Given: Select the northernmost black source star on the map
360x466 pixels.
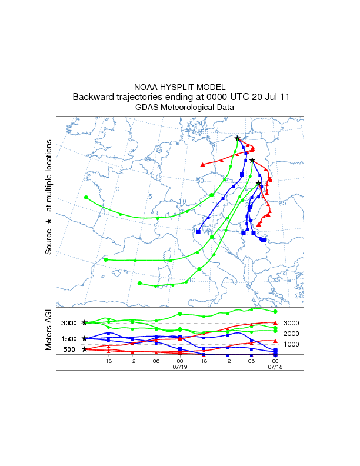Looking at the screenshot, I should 238,138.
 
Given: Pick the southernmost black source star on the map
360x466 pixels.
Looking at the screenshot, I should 258,184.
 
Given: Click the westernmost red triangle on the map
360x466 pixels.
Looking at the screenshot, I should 203,164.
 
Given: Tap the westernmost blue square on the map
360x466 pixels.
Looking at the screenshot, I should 198,232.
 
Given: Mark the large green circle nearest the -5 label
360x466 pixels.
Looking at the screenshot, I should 86,197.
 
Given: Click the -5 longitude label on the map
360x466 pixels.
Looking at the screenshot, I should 86,178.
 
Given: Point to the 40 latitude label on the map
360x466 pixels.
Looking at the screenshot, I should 191,280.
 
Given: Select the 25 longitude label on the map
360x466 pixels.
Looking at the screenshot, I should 282,203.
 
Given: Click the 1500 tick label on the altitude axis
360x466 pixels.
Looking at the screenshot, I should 68,339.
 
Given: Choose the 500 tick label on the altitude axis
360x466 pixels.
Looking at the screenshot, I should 69,349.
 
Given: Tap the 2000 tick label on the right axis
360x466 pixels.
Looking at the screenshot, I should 292,334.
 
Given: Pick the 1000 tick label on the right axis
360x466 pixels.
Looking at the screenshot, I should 292,344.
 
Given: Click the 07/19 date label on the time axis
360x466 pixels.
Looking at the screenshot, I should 180,367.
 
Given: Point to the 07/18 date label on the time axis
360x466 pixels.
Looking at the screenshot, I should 275,367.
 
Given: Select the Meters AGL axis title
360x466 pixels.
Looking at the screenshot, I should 49,332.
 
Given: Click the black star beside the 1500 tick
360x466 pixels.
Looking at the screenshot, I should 85,339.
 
